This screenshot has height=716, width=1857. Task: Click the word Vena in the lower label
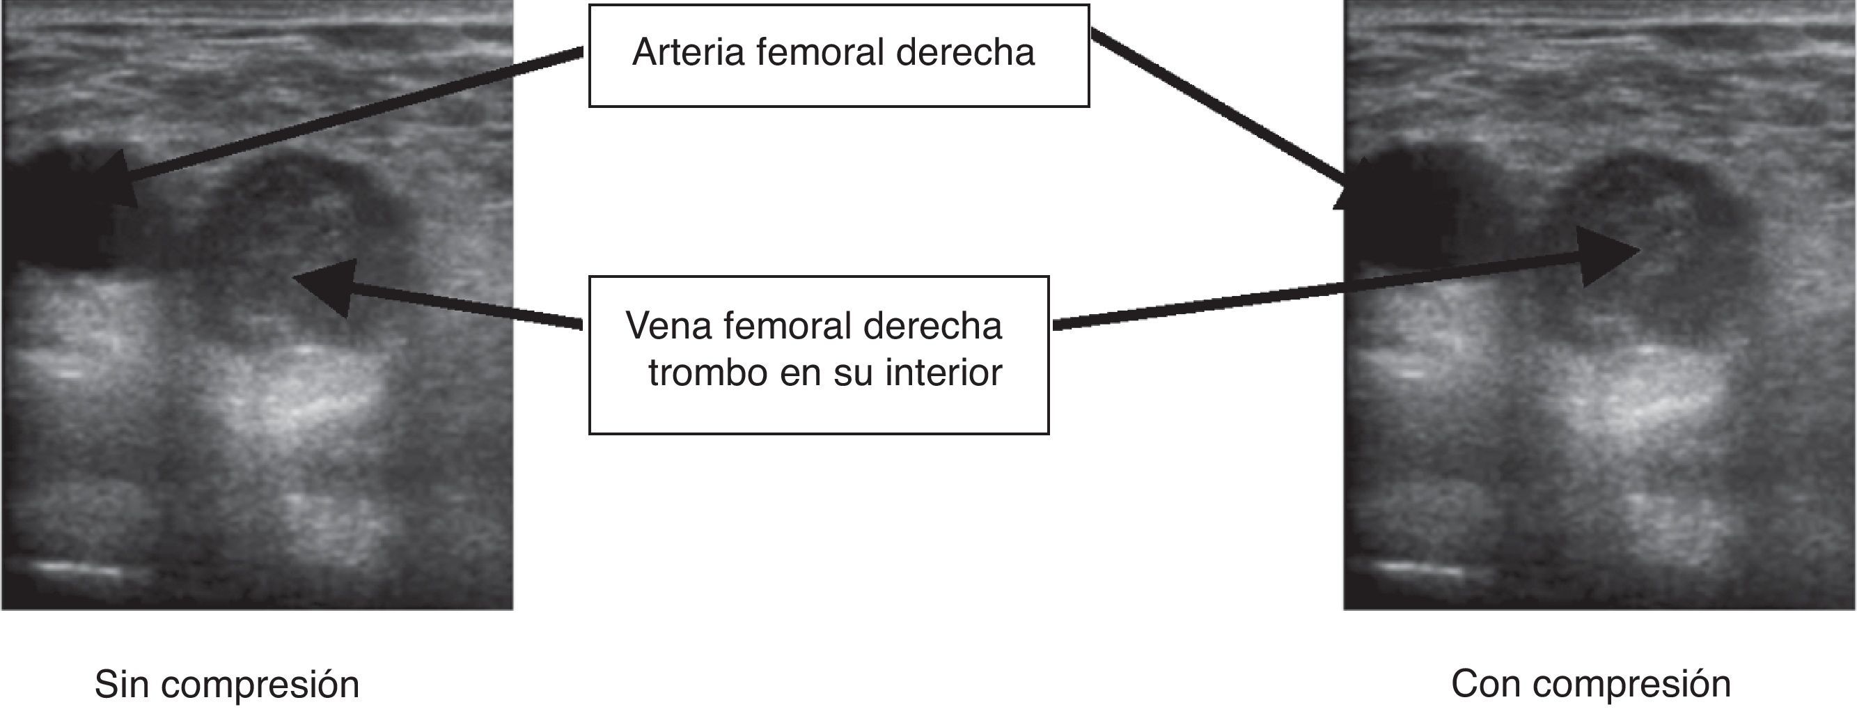point(668,326)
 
